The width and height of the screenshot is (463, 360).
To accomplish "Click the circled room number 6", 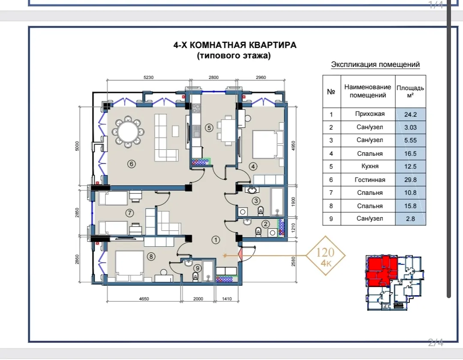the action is [x=132, y=163].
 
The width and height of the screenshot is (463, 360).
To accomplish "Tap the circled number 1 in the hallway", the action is [x=216, y=240].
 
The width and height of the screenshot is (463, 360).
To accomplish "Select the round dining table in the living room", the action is [x=128, y=131].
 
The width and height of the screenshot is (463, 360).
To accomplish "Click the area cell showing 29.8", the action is [x=410, y=180].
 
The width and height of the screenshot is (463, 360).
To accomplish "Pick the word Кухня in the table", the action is [x=370, y=166].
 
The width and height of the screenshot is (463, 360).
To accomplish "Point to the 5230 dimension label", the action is [x=148, y=77].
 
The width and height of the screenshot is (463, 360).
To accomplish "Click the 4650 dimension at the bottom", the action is [x=144, y=299].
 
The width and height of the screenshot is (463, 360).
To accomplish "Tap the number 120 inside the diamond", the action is [x=325, y=252].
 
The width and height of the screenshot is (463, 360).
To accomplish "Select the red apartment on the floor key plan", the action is [x=382, y=271].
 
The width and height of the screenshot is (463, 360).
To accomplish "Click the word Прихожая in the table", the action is [x=370, y=114].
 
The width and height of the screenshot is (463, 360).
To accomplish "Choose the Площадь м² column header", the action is [x=410, y=91].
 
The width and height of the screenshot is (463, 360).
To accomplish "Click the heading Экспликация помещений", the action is [x=375, y=64].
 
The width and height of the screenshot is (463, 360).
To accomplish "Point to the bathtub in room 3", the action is [x=277, y=201].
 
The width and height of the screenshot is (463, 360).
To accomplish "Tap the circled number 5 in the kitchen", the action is [x=209, y=128].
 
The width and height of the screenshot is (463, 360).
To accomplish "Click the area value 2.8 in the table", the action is [x=410, y=219].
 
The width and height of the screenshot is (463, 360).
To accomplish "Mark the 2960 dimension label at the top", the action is [x=261, y=77].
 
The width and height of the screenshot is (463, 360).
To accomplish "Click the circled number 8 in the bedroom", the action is [x=151, y=256].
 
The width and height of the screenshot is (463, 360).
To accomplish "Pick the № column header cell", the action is [x=331, y=91].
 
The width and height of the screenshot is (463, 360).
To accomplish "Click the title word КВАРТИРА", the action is [x=273, y=45].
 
